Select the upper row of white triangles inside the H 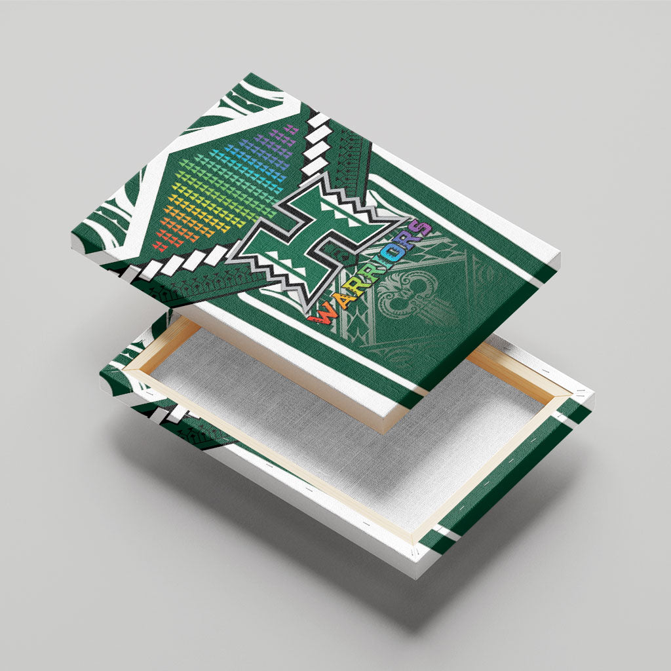point(341,214)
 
